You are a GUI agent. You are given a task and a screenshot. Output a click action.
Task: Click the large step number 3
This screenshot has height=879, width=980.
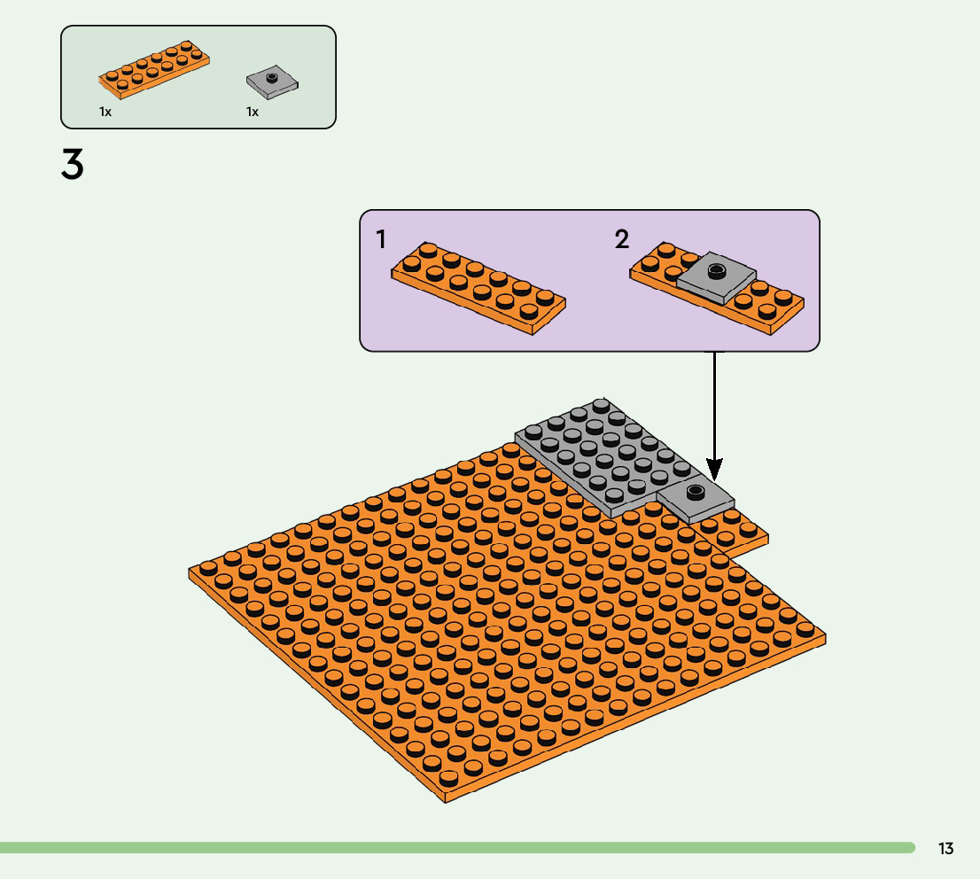click(x=73, y=166)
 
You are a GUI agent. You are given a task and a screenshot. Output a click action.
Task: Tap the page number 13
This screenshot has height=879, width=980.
click(x=945, y=849)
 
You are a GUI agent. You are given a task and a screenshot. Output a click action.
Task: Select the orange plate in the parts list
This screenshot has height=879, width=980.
click(x=154, y=70)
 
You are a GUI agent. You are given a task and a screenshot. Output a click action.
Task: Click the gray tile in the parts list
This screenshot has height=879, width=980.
click(x=273, y=83)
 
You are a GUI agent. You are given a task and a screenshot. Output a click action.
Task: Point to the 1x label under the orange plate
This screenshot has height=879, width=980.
click(x=105, y=113)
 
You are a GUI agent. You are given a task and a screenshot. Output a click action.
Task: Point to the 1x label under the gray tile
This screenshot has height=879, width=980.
click(x=253, y=113)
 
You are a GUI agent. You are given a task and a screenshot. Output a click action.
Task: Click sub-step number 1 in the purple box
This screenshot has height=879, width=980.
click(x=381, y=239)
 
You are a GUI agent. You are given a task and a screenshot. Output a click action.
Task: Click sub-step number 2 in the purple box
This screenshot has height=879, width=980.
click(x=622, y=239)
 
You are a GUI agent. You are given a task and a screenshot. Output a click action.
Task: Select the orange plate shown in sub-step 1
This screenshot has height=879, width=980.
click(x=478, y=288)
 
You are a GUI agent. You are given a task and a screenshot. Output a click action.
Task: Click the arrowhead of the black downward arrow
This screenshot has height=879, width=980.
click(x=714, y=469)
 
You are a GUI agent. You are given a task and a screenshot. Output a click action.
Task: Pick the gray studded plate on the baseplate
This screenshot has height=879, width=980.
click(x=603, y=456)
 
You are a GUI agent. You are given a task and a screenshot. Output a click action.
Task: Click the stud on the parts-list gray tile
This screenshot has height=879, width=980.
click(x=273, y=78)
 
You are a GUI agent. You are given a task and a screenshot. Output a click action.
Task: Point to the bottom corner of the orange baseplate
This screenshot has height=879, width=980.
click(x=446, y=800)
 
